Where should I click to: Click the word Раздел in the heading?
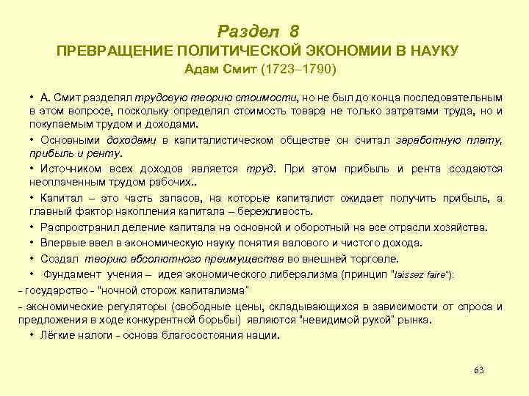coord(249,32)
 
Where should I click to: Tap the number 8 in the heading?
coord(295,32)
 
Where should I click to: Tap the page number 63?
coord(479,369)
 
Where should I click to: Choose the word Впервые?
coord(62,243)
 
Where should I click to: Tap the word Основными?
coord(70,139)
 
